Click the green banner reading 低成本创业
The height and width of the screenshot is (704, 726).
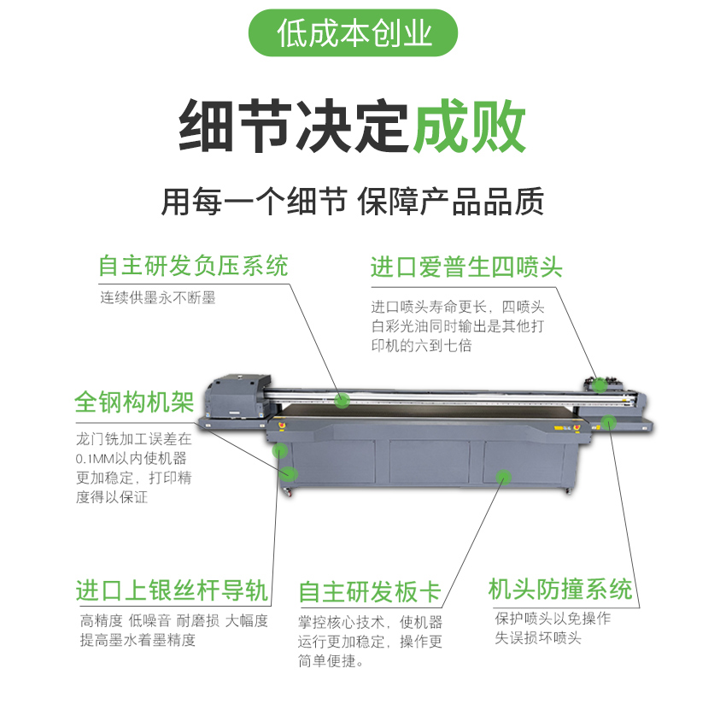point(353,32)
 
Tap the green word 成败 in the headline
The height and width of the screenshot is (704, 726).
point(469,126)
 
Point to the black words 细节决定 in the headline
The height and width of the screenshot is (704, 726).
point(294,126)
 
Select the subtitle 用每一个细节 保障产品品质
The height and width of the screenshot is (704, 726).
point(353,202)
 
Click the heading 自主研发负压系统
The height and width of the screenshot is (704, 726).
point(193,266)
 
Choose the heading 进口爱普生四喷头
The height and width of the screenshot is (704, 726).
point(466,267)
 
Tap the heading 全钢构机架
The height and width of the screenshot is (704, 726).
point(134,402)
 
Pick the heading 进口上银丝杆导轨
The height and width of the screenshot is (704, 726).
point(173,590)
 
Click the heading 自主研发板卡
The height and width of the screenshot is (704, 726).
point(370,592)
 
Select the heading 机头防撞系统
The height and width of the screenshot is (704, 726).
point(560,590)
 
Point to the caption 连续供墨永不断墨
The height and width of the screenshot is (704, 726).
point(158,297)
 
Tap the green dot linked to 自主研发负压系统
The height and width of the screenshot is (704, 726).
point(343,400)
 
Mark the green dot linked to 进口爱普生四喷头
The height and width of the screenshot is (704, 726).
point(600,384)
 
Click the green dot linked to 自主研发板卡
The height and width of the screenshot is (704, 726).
point(503,477)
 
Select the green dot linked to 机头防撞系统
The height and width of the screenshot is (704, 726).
point(608,422)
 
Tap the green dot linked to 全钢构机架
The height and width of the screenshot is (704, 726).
point(290,473)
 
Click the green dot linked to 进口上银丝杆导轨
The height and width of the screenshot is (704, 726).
point(279,450)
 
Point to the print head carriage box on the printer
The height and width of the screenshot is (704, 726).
point(238,396)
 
